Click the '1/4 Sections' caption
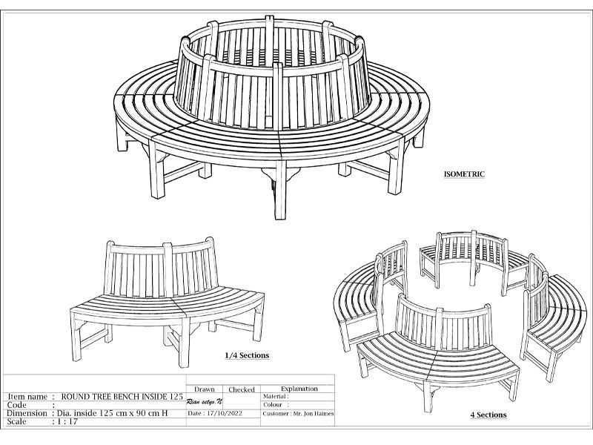(246, 355)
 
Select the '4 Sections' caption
(489, 415)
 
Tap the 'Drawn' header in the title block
(205, 389)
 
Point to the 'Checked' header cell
(242, 389)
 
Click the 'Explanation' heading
(299, 389)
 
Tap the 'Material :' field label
(276, 397)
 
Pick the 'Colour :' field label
(274, 405)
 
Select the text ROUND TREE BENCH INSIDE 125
(122, 397)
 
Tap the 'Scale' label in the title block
(16, 421)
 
